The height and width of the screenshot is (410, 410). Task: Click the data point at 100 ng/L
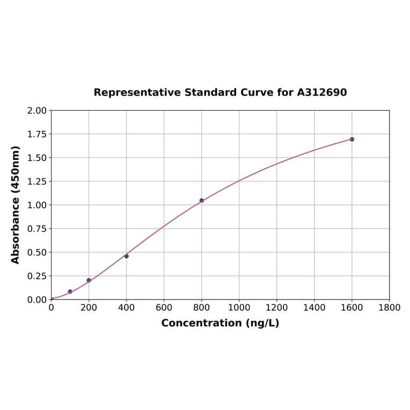(x=70, y=291)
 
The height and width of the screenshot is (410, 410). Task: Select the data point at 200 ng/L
(x=89, y=280)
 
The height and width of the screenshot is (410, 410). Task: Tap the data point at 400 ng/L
(x=127, y=256)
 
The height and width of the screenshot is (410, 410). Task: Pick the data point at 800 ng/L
(x=202, y=200)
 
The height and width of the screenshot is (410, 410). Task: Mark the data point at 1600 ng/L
(x=352, y=139)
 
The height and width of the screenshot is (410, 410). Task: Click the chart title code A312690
(x=322, y=92)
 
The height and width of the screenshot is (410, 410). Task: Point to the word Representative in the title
(x=137, y=92)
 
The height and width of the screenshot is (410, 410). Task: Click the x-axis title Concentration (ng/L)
(x=220, y=323)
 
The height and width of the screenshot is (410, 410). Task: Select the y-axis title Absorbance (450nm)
(x=16, y=204)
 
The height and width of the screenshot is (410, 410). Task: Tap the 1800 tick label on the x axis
(x=389, y=307)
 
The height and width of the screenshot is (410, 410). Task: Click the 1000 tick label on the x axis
(x=239, y=307)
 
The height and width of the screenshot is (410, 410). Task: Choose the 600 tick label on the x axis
(x=164, y=307)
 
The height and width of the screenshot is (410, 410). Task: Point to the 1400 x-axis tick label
(x=314, y=307)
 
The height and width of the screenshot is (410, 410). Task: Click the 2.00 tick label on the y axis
(x=37, y=111)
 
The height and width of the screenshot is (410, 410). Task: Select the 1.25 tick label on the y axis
(x=37, y=181)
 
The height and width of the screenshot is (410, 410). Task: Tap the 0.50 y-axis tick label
(x=37, y=252)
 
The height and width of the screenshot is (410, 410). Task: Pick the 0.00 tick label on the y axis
(x=37, y=299)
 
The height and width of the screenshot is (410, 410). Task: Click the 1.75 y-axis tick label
(x=37, y=134)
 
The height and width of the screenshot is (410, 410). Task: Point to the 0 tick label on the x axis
(x=52, y=307)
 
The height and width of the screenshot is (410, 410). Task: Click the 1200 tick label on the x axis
(x=276, y=307)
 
